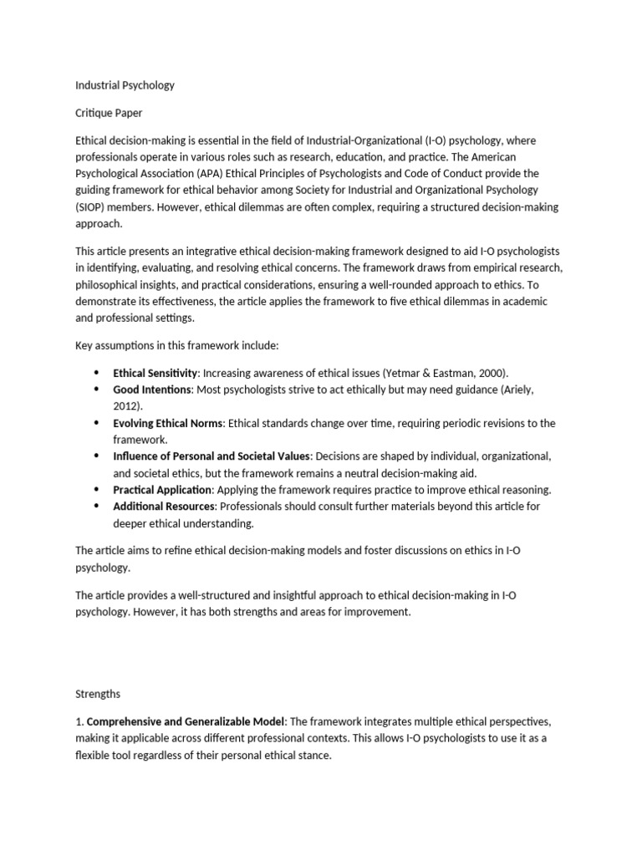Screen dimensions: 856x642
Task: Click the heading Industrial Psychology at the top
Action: point(125,85)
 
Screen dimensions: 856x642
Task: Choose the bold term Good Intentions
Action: point(153,390)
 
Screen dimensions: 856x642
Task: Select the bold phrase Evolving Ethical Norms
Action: point(168,423)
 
